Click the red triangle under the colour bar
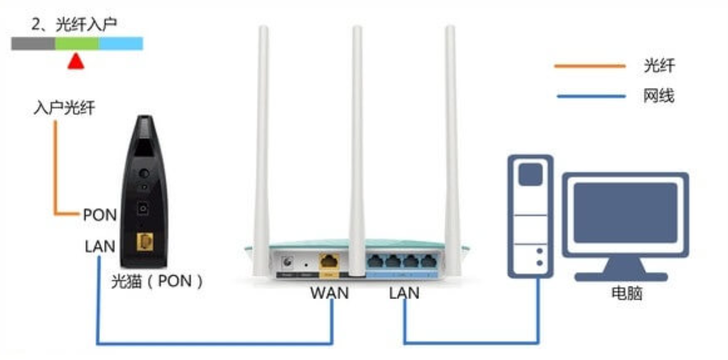click(x=75, y=62)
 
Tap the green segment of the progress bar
click(x=77, y=43)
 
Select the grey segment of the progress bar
click(x=33, y=43)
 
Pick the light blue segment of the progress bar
click(x=121, y=43)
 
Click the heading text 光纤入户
click(x=86, y=25)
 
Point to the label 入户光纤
click(x=65, y=108)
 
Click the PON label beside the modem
click(x=100, y=215)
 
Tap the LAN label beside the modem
click(x=100, y=246)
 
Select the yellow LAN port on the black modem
click(x=145, y=242)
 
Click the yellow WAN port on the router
click(x=329, y=261)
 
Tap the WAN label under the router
click(x=330, y=293)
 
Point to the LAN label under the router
click(x=405, y=293)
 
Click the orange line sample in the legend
click(x=590, y=66)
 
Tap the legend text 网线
click(x=659, y=97)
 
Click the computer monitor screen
click(x=626, y=213)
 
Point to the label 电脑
click(x=627, y=293)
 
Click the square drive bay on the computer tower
click(x=530, y=175)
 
